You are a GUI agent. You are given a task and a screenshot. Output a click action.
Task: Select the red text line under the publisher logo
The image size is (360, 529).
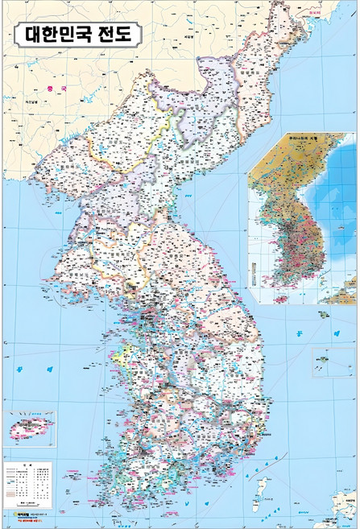(x=31, y=521)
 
